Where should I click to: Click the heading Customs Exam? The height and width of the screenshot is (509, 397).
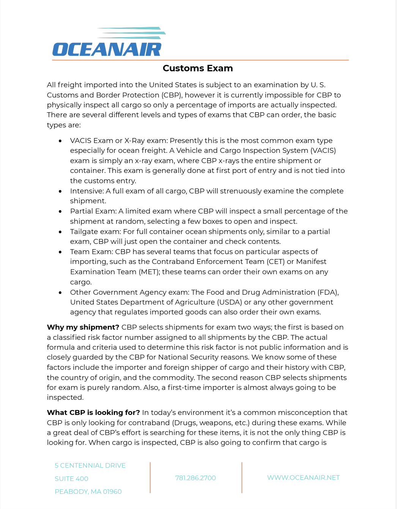[198, 68]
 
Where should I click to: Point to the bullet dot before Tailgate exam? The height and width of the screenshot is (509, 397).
[60, 232]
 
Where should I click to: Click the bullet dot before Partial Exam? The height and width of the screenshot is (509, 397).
[60, 212]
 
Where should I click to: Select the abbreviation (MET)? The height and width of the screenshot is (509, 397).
[148, 272]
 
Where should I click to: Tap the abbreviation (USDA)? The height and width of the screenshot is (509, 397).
[229, 302]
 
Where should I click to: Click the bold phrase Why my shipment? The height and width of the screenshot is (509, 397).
[83, 327]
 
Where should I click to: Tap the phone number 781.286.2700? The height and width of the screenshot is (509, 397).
[195, 478]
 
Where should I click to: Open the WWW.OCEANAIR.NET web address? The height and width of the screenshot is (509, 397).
[303, 478]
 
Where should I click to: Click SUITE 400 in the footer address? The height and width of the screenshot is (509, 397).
[71, 479]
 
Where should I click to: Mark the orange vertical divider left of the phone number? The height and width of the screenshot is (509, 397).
[150, 478]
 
